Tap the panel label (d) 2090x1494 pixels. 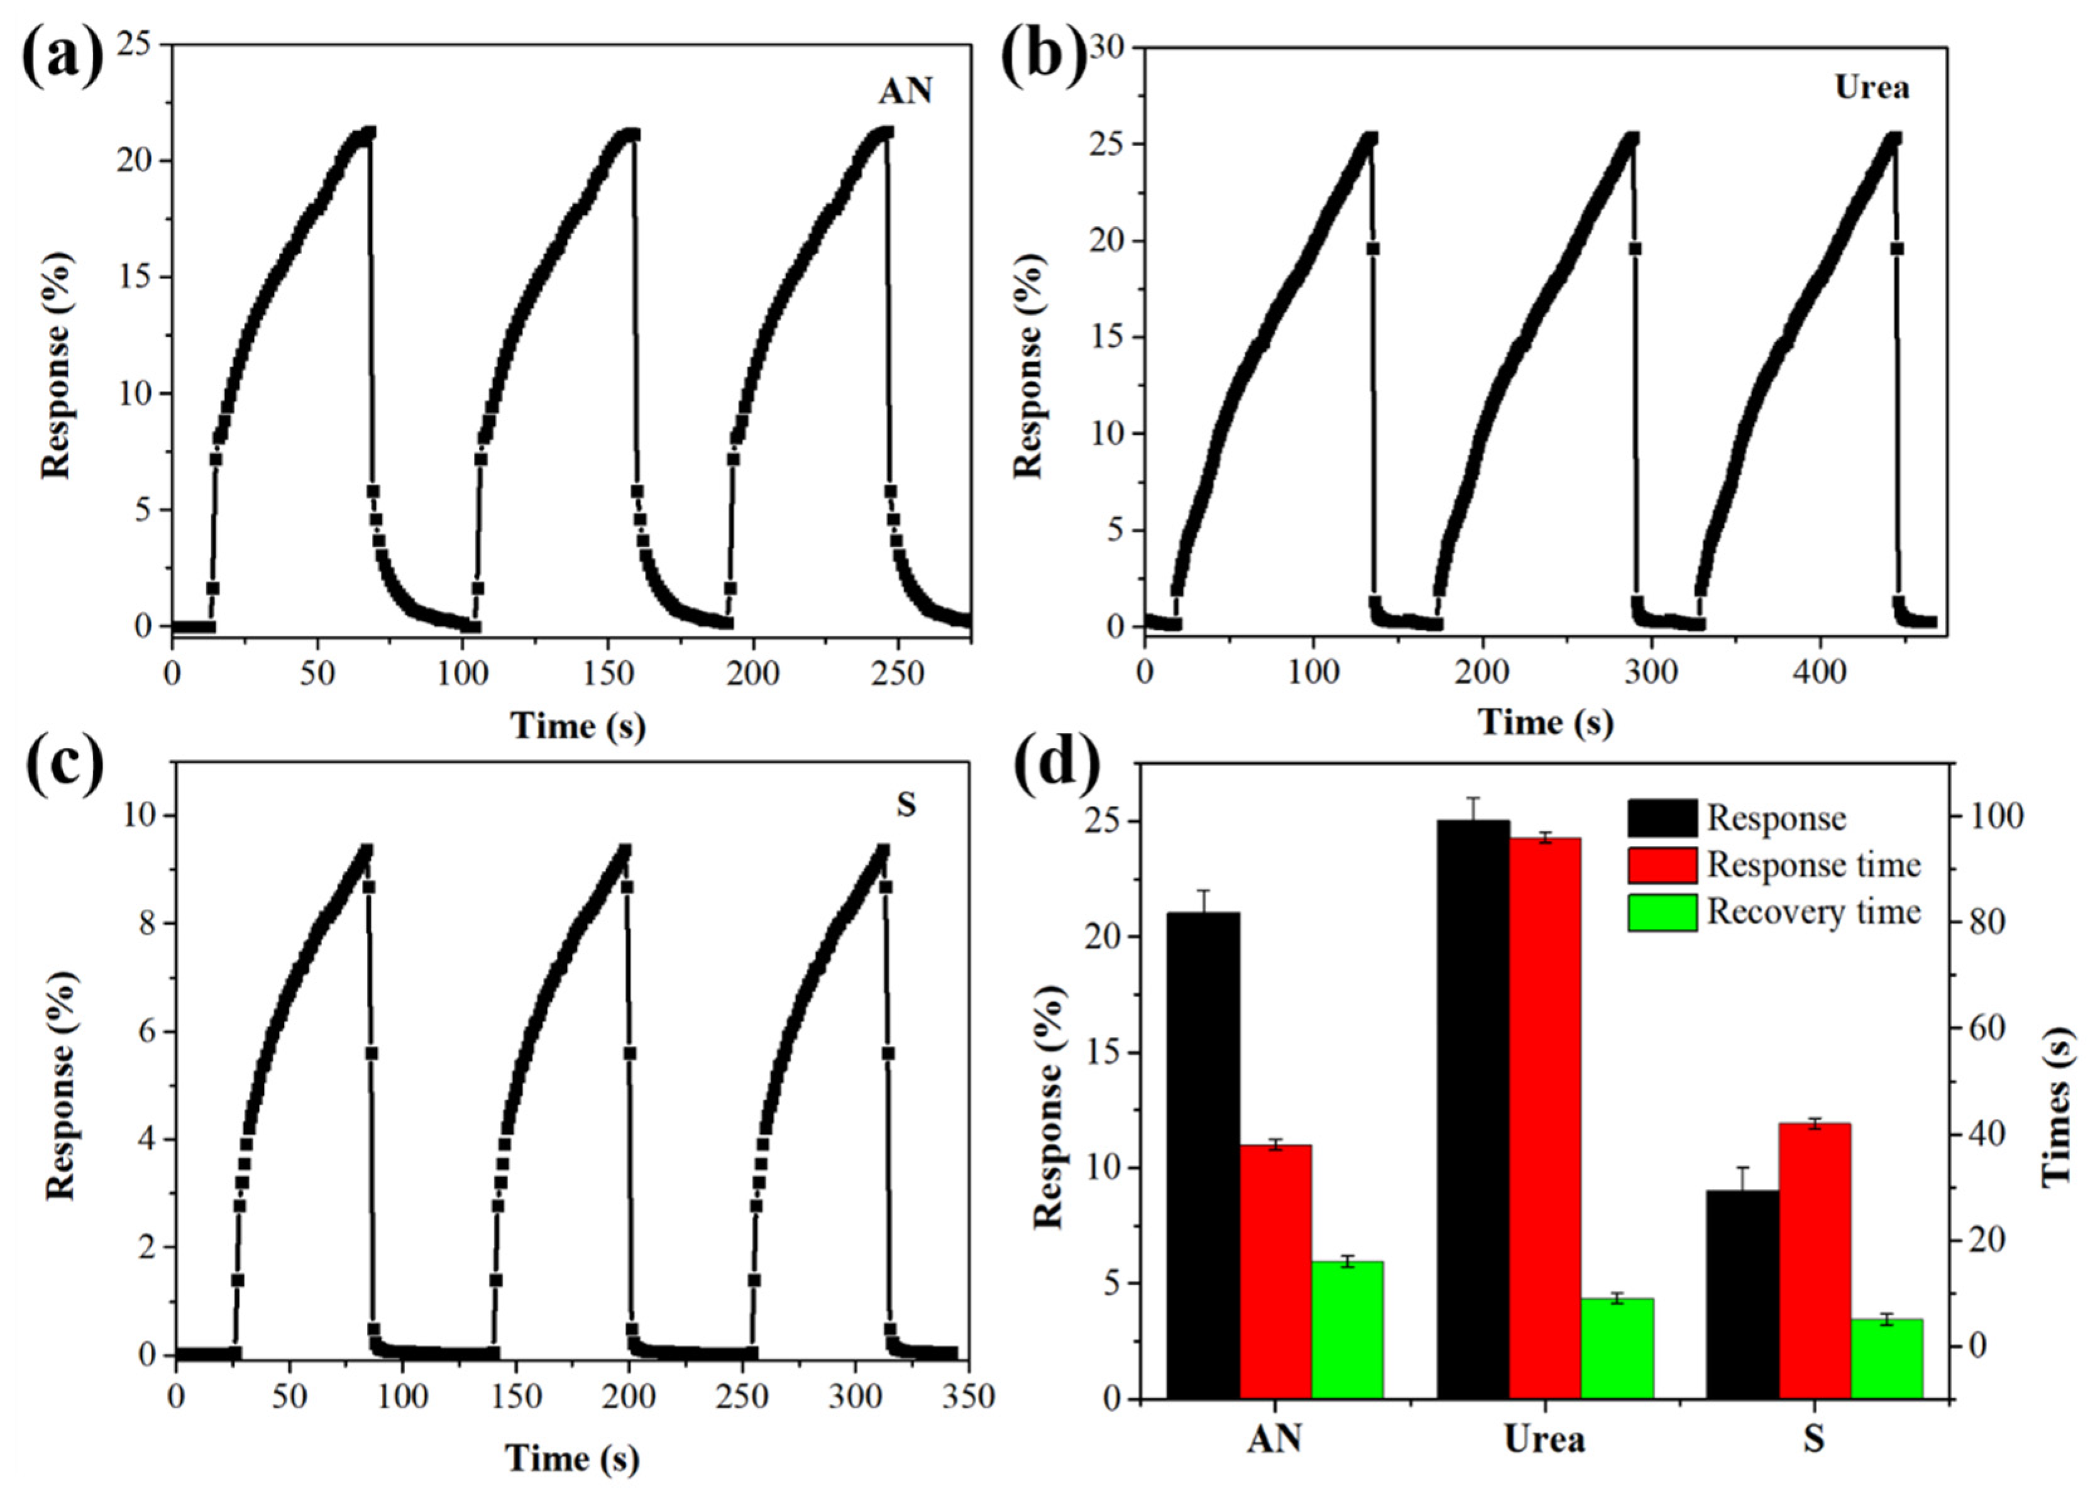coord(1056,760)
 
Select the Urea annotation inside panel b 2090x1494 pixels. coord(1871,89)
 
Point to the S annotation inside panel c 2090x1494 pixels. coord(906,805)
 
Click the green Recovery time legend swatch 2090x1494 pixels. coord(1661,911)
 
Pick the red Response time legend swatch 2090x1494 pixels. coord(1661,864)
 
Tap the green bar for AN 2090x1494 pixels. coord(1347,1329)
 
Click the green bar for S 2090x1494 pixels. coord(1886,1358)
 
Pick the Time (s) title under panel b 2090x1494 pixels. coord(1546,722)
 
